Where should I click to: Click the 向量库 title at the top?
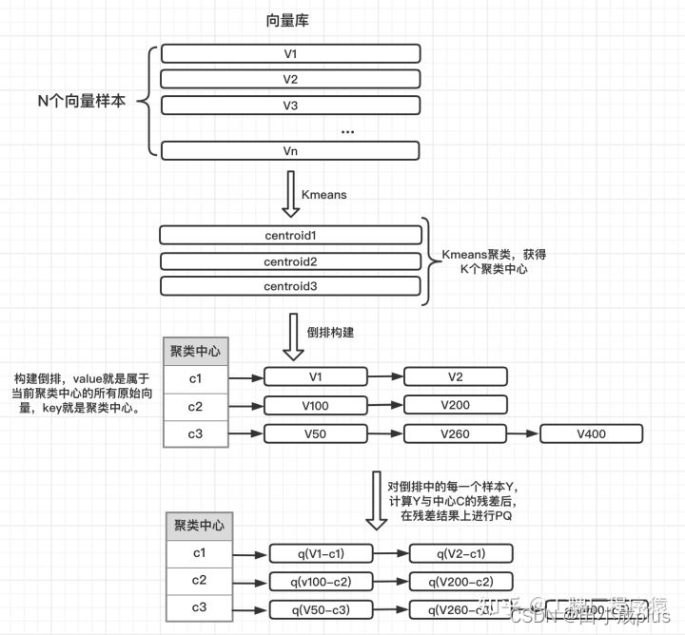click(x=287, y=20)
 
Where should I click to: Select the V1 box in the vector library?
click(x=290, y=53)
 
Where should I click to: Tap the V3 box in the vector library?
click(x=290, y=105)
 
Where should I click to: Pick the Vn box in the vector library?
click(x=290, y=150)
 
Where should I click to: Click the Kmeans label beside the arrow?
click(x=323, y=195)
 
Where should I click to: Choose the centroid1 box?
click(x=290, y=235)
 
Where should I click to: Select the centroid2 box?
click(x=290, y=260)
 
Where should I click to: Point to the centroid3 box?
click(x=290, y=286)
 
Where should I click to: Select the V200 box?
click(x=455, y=406)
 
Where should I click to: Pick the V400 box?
click(x=591, y=434)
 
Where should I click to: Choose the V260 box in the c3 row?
click(x=455, y=434)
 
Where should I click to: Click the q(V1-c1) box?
click(x=321, y=553)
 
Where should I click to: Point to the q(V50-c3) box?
click(x=321, y=609)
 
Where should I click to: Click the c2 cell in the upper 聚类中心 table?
click(x=195, y=407)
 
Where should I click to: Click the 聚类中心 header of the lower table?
click(x=199, y=526)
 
